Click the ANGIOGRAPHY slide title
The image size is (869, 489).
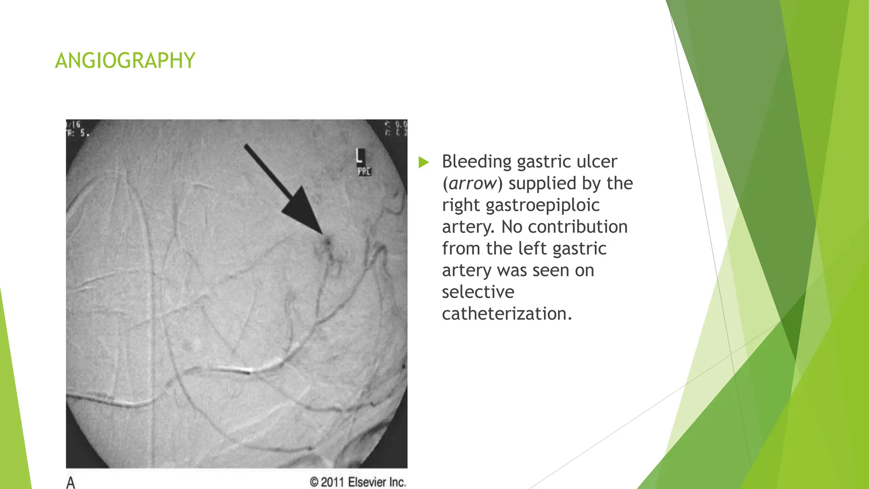[x=125, y=61]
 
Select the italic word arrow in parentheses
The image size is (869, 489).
[x=472, y=183]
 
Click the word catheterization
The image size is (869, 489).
[x=507, y=314]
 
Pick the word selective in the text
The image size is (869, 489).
[x=478, y=292]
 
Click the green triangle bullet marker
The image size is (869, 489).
[x=423, y=162]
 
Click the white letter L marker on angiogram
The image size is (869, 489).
[x=360, y=156]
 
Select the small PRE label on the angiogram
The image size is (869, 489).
[x=364, y=171]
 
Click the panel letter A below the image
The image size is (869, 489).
[x=71, y=483]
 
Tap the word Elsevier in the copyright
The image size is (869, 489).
[x=367, y=482]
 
